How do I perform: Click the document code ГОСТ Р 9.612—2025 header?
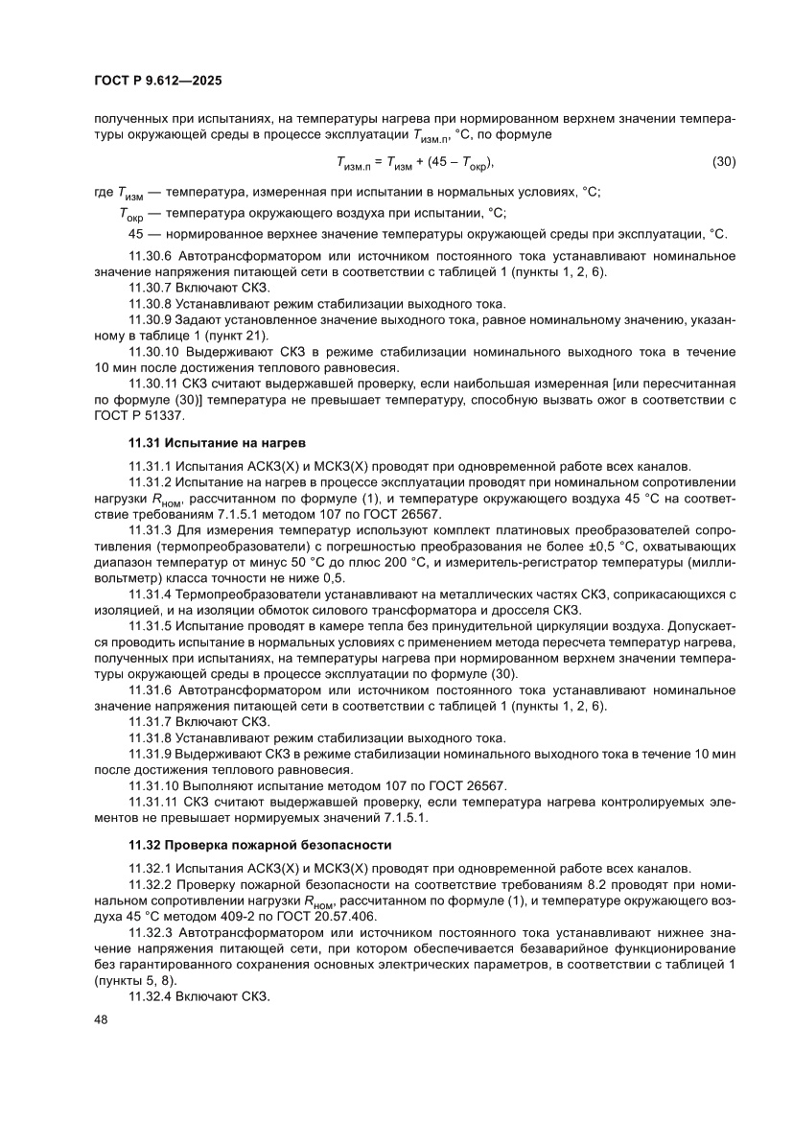pyautogui.click(x=159, y=82)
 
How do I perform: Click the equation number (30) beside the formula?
pyautogui.click(x=723, y=161)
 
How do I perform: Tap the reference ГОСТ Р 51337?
pyautogui.click(x=138, y=414)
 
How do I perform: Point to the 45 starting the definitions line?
pyautogui.click(x=135, y=233)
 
